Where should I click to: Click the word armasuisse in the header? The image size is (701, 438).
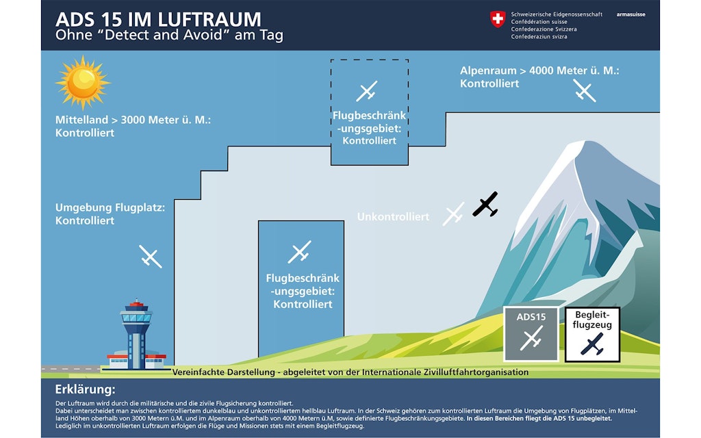[x=630, y=14]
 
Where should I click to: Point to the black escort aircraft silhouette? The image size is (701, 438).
[x=485, y=204]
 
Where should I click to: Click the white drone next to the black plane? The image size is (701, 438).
[x=454, y=214]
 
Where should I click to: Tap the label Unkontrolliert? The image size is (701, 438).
[x=393, y=217]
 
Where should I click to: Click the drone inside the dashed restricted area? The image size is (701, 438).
[x=367, y=91]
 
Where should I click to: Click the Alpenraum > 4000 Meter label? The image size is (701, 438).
[x=539, y=77]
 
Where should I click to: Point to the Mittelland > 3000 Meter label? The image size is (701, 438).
[x=133, y=126]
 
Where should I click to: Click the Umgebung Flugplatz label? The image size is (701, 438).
[x=110, y=214]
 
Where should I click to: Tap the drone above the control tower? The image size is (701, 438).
[x=151, y=256]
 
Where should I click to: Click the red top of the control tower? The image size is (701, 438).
[x=136, y=303]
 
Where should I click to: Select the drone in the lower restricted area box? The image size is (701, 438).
[x=299, y=252]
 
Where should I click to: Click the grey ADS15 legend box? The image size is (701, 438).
[x=531, y=333]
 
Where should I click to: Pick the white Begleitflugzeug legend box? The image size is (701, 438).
[x=591, y=333]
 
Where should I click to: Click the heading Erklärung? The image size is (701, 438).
[x=84, y=389]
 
